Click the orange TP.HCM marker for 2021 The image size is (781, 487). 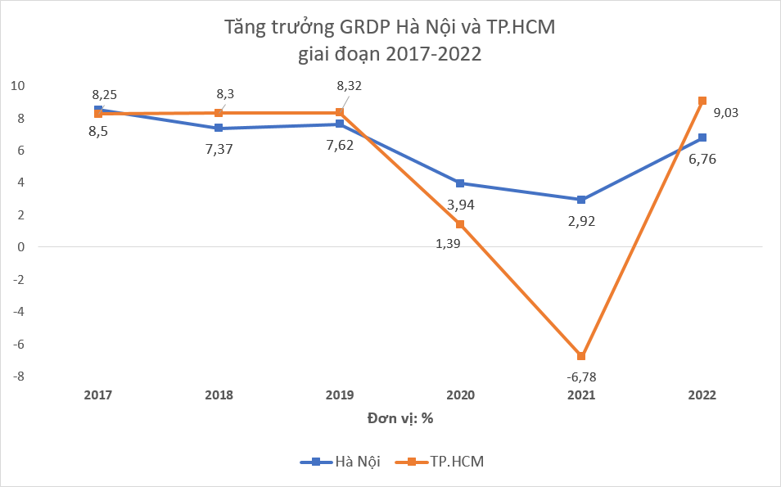(x=581, y=356)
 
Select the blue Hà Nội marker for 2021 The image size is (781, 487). (x=581, y=200)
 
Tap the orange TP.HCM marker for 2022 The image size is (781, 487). (x=702, y=101)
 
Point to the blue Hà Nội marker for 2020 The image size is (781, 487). (x=460, y=183)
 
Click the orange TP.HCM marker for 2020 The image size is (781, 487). (x=460, y=224)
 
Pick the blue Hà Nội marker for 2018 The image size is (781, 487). (x=219, y=128)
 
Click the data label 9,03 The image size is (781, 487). (x=725, y=113)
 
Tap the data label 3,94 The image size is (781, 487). (x=460, y=204)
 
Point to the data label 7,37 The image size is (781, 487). (x=219, y=149)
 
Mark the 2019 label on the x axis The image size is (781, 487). (x=340, y=395)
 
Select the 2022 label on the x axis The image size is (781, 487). (x=702, y=395)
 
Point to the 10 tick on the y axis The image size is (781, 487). (x=17, y=86)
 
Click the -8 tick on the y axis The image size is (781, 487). (x=17, y=377)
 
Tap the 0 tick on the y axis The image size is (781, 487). (x=20, y=247)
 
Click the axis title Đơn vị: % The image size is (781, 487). (x=400, y=418)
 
